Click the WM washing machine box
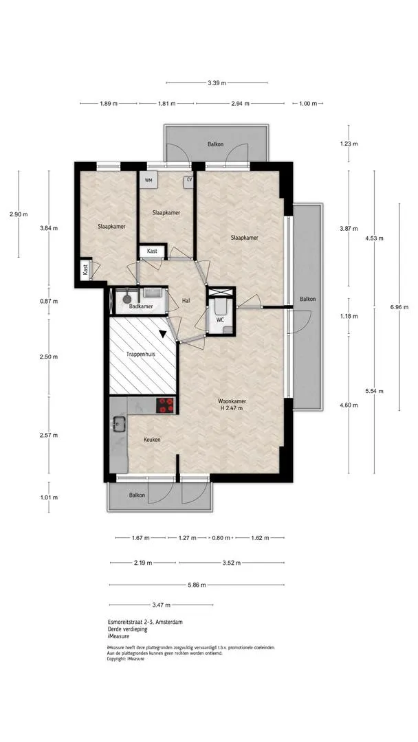pyautogui.click(x=148, y=180)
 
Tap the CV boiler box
pyautogui.click(x=189, y=180)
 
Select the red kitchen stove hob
pyautogui.click(x=166, y=405)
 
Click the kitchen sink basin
pyautogui.click(x=118, y=424)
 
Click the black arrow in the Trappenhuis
pyautogui.click(x=163, y=334)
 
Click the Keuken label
pyautogui.click(x=153, y=440)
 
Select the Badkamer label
pyautogui.click(x=141, y=306)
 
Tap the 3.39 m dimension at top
pyautogui.click(x=217, y=83)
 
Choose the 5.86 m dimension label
pyautogui.click(x=197, y=585)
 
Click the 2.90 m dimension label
pyautogui.click(x=19, y=214)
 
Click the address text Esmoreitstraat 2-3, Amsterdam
pyautogui.click(x=145, y=622)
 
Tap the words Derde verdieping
pyautogui.click(x=127, y=629)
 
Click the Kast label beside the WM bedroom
pyautogui.click(x=152, y=251)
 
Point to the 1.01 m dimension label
pyautogui.click(x=49, y=497)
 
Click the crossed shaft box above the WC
pyautogui.click(x=221, y=292)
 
